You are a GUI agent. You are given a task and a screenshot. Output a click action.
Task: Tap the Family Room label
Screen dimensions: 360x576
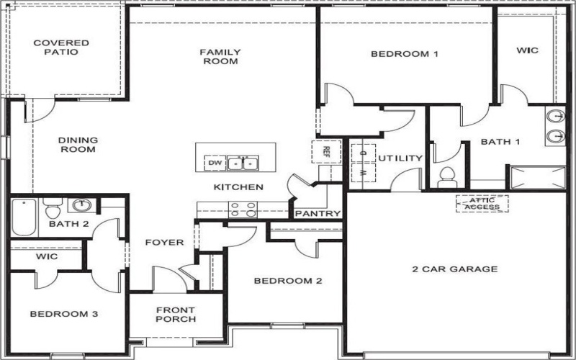[220, 56]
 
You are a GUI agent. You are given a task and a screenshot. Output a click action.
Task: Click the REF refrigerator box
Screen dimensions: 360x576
[325, 152]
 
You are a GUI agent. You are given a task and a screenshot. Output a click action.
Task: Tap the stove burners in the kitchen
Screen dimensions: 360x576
[243, 210]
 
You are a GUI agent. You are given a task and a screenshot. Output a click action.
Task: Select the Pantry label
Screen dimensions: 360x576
[318, 214]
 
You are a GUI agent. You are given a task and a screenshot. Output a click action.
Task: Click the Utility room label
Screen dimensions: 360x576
[400, 158]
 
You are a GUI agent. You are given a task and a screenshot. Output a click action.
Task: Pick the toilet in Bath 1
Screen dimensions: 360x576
[447, 176]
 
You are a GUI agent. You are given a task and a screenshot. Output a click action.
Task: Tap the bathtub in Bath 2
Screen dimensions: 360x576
[23, 217]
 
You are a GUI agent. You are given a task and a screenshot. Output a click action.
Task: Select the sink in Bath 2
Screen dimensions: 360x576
[83, 205]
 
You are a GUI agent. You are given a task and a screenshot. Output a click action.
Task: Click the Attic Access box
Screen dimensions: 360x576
[482, 203]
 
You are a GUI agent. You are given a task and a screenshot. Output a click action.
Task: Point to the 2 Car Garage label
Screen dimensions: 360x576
[454, 269]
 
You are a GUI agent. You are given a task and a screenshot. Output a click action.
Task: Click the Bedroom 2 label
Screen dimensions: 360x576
[287, 281]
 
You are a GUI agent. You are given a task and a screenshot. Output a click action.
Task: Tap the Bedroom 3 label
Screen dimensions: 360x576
[63, 314]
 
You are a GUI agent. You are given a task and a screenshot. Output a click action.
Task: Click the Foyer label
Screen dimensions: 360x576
[164, 243]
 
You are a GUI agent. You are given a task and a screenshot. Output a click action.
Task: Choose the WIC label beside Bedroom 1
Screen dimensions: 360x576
[528, 50]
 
